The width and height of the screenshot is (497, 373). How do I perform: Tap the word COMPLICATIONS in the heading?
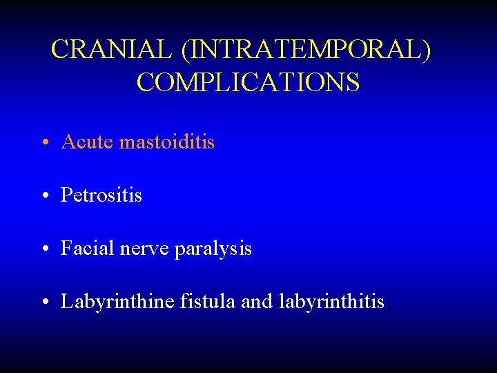(x=248, y=82)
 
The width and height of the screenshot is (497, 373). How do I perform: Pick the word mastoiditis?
(x=167, y=142)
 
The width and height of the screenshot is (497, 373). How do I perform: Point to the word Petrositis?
(x=101, y=195)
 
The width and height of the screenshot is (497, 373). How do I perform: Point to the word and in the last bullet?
(x=257, y=302)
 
